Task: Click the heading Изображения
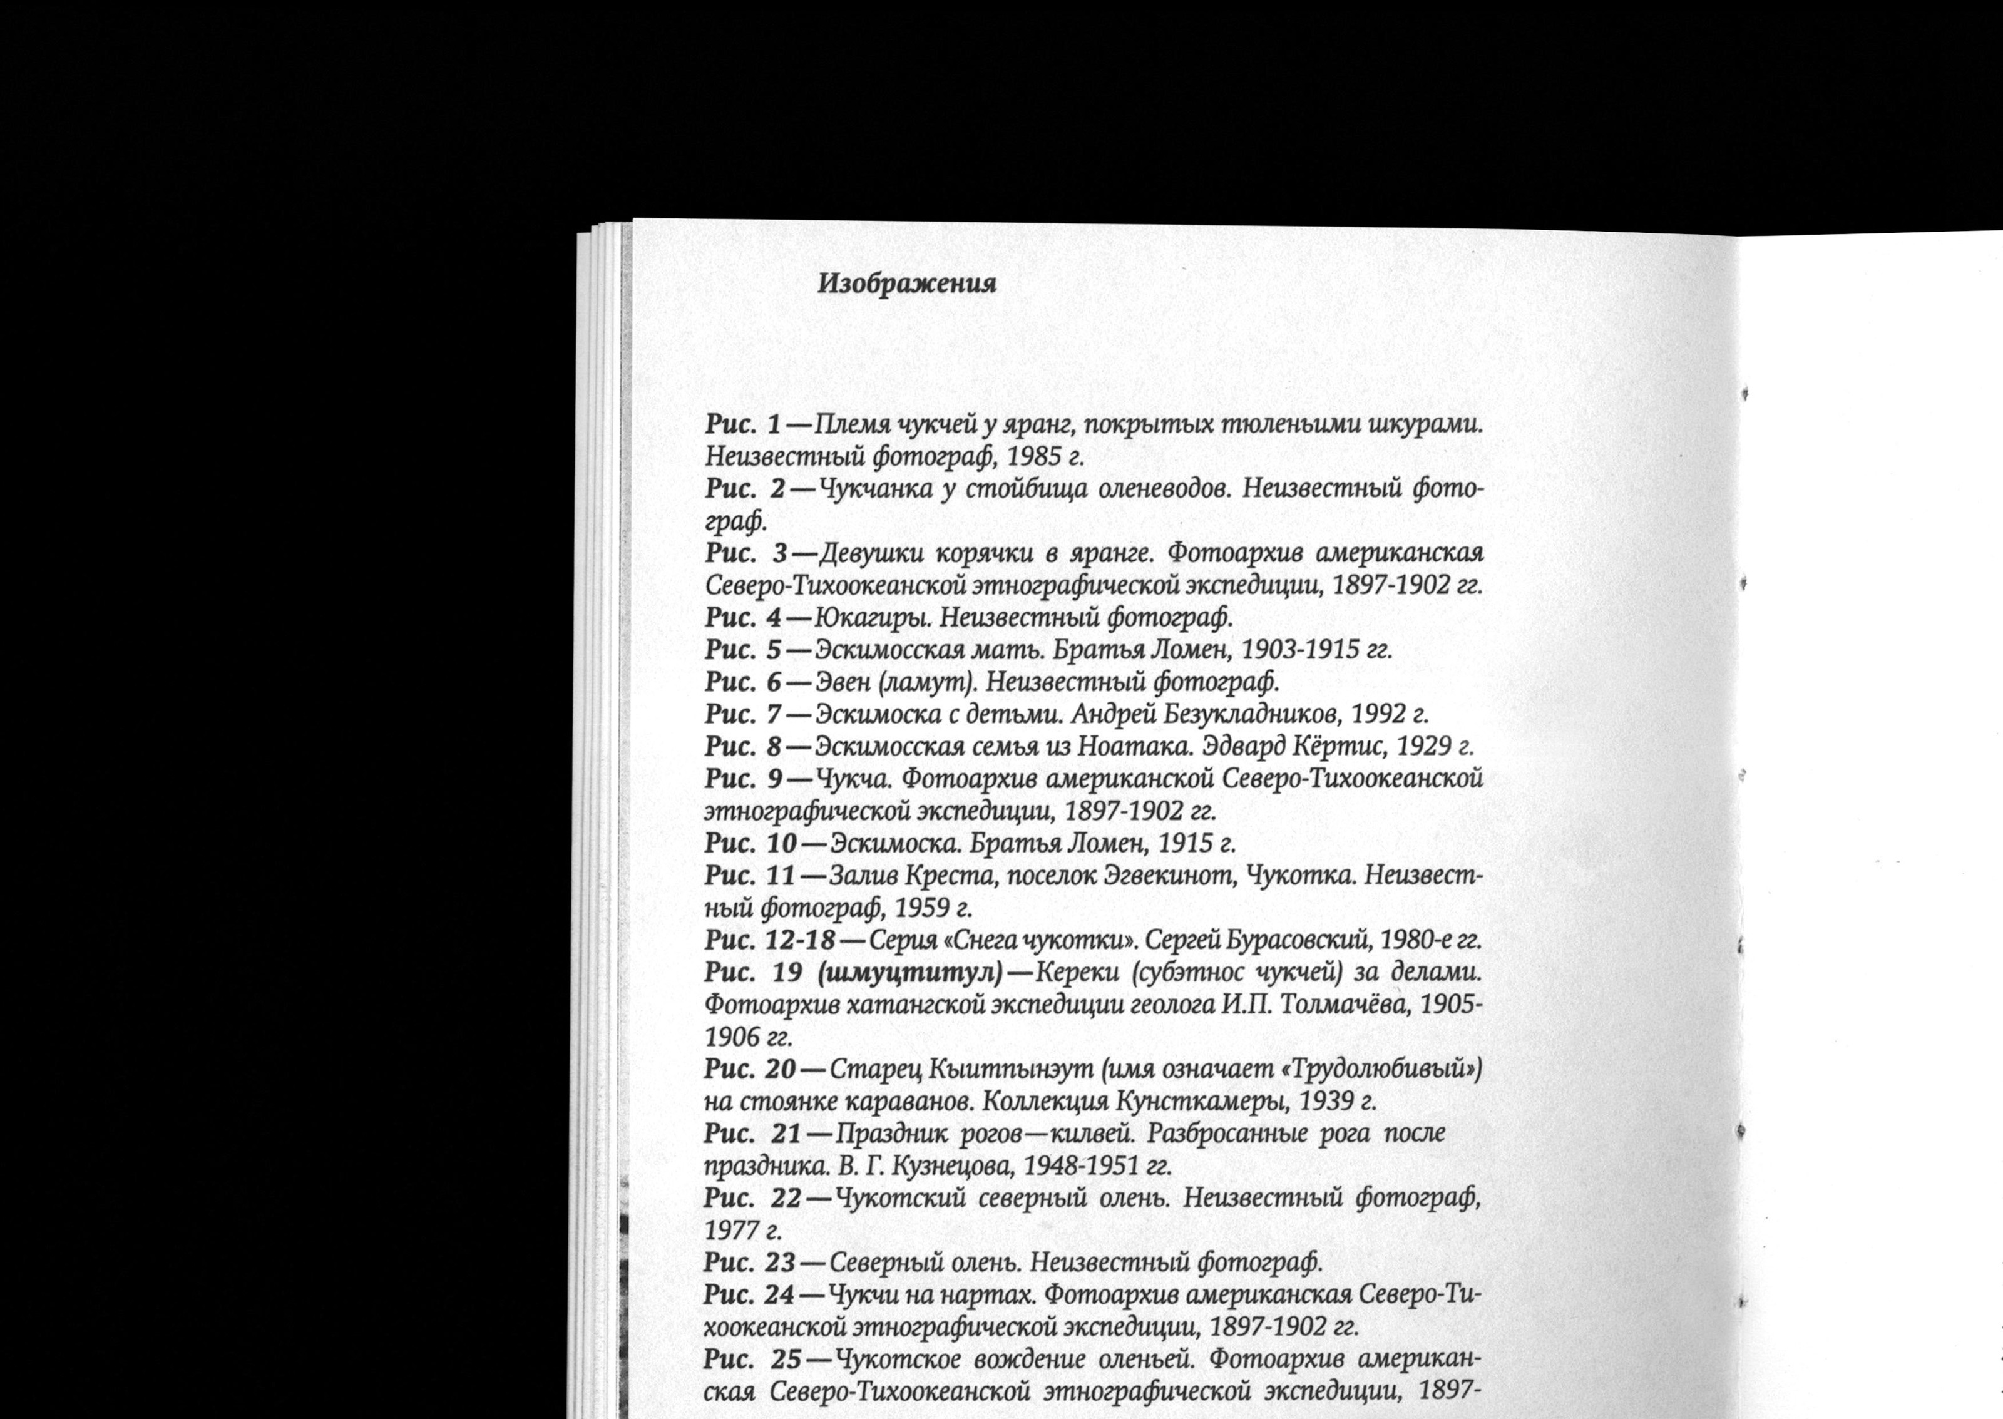point(907,285)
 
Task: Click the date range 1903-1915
point(1300,650)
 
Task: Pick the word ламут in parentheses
point(928,682)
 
